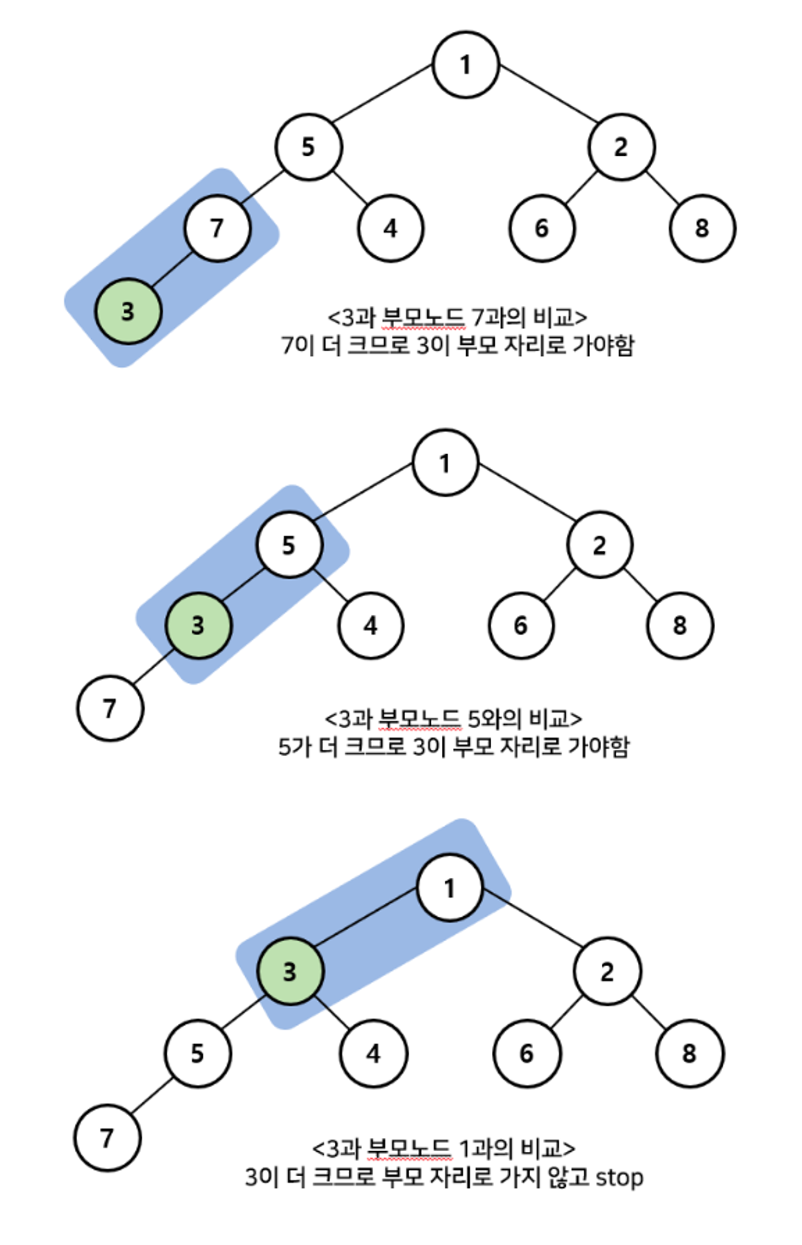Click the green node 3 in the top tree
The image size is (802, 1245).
tap(128, 311)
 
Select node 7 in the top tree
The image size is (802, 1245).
tap(217, 228)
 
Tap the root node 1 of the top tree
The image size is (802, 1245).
tap(465, 64)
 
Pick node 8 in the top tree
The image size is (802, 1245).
tap(702, 228)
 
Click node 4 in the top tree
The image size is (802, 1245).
tap(390, 228)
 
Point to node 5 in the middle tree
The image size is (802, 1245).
tap(289, 545)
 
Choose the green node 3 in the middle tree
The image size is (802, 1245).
tap(198, 625)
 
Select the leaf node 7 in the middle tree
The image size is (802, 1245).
tap(110, 708)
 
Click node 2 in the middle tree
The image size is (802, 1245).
tap(599, 545)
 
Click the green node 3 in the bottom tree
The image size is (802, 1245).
tap(290, 971)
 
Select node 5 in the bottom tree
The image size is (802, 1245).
tap(197, 1053)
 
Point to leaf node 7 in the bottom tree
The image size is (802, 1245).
tap(107, 1138)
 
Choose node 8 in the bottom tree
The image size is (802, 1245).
tap(690, 1053)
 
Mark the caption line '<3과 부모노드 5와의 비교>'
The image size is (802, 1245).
tap(453, 719)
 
